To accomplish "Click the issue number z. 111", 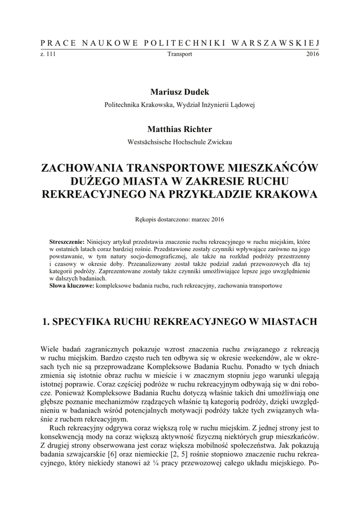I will point(47,54).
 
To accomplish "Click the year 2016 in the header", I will point(313,54).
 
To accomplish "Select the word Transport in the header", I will point(180,54).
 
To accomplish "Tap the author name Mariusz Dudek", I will point(180,92).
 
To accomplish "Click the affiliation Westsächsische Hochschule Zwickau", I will point(180,142).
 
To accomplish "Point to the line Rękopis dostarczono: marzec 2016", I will point(180,219).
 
